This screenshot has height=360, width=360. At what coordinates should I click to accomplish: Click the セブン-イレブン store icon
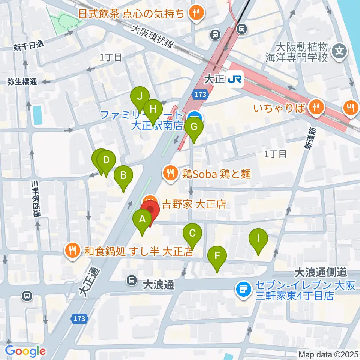pyautogui.click(x=243, y=289)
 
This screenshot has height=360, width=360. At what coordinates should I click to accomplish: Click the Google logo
pyautogui.click(x=25, y=351)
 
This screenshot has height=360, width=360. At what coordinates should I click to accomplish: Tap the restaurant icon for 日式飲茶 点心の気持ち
pyautogui.click(x=195, y=14)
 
